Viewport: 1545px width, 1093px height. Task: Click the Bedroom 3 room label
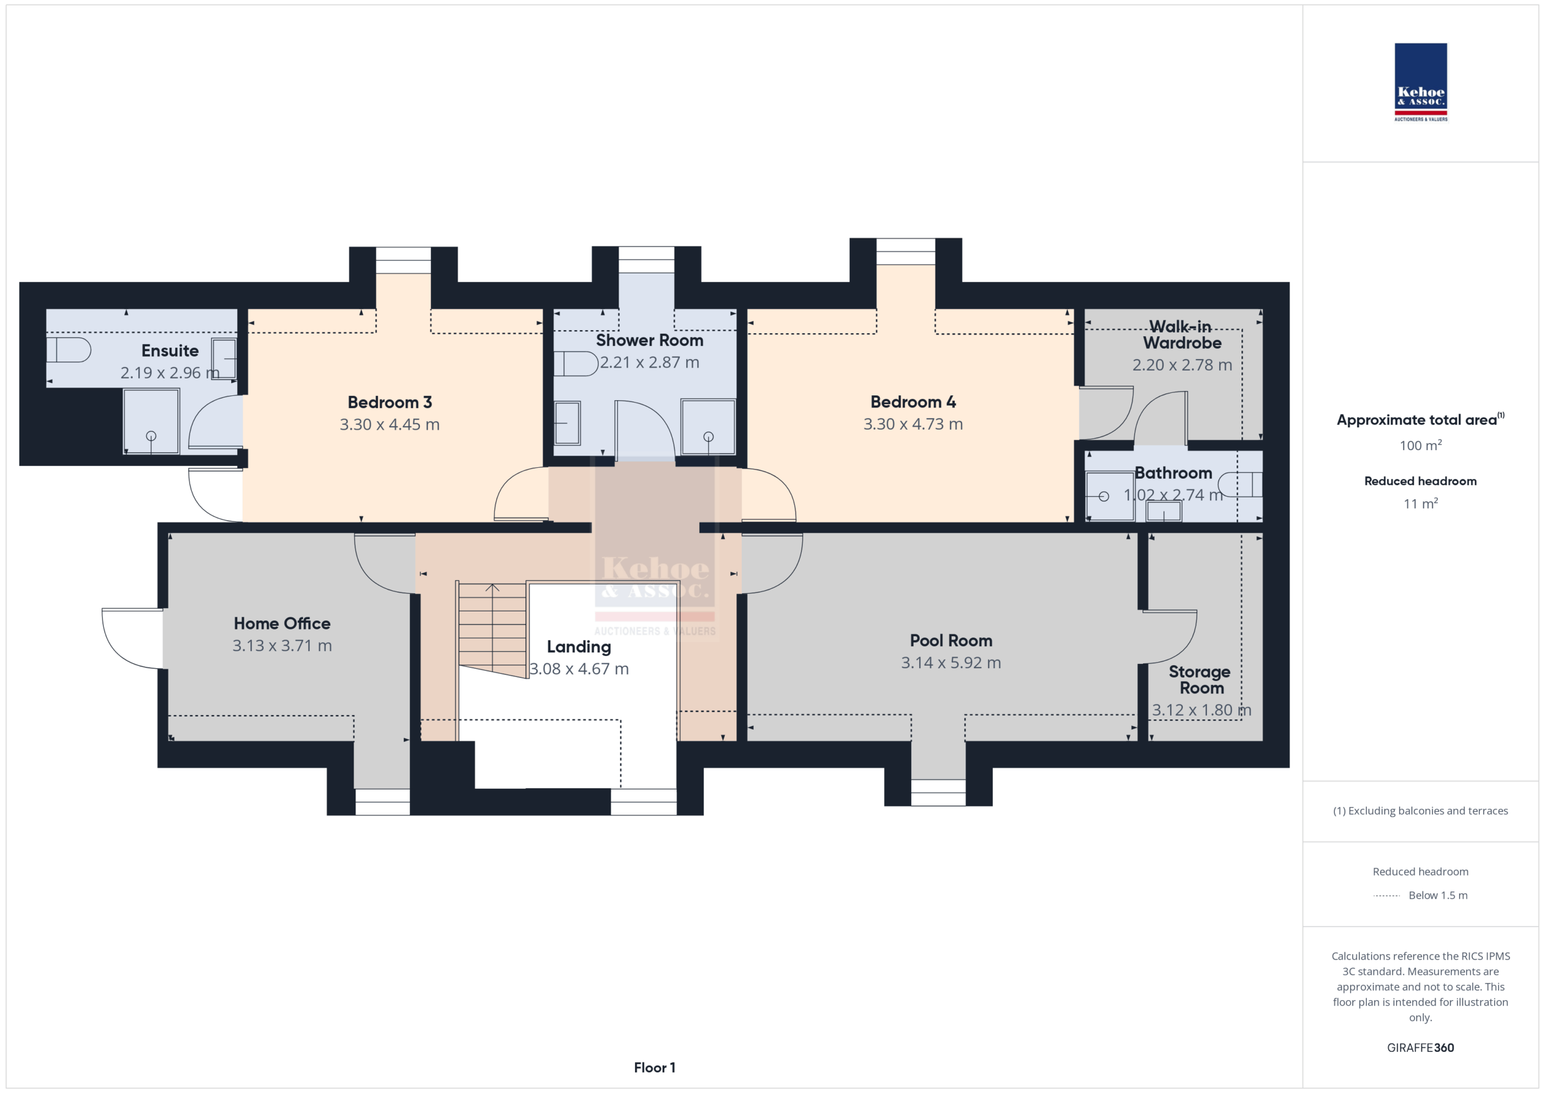pyautogui.click(x=390, y=403)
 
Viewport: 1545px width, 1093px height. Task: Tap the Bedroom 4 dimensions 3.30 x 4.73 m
pyautogui.click(x=913, y=424)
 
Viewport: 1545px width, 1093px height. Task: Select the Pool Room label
pyautogui.click(x=951, y=641)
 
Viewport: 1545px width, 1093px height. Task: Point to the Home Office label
pyautogui.click(x=282, y=623)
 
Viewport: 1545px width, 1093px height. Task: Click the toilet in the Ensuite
pyautogui.click(x=69, y=350)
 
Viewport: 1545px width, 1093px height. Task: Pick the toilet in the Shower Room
pyautogui.click(x=576, y=363)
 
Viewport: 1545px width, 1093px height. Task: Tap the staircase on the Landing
pyautogui.click(x=492, y=630)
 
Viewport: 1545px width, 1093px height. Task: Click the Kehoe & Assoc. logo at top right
pyautogui.click(x=1421, y=83)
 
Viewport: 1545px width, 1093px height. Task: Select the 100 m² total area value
pyautogui.click(x=1421, y=445)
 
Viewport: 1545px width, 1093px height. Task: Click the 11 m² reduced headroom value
pyautogui.click(x=1421, y=503)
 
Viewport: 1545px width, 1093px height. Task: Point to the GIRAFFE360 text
pyautogui.click(x=1421, y=1048)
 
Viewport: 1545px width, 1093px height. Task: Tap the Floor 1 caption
pyautogui.click(x=655, y=1068)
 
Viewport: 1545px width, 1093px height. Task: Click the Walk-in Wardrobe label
pyautogui.click(x=1182, y=334)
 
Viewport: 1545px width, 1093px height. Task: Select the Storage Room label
pyautogui.click(x=1200, y=680)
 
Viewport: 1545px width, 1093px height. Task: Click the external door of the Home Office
pyautogui.click(x=132, y=638)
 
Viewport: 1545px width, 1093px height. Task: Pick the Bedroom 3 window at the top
pyautogui.click(x=403, y=261)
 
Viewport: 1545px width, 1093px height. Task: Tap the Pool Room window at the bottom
pyautogui.click(x=938, y=792)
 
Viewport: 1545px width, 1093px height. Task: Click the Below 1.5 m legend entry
pyautogui.click(x=1438, y=895)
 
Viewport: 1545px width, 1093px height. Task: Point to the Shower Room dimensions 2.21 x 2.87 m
pyautogui.click(x=650, y=362)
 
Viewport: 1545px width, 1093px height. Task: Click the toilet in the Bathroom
pyautogui.click(x=1241, y=485)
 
